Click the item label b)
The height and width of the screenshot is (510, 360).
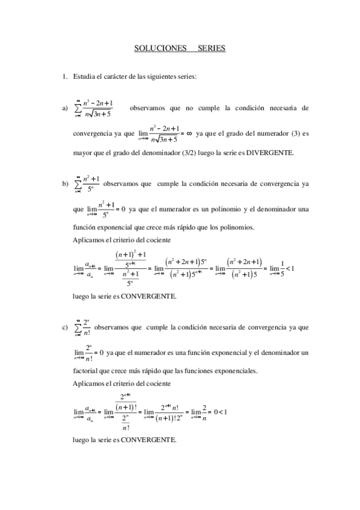(x=64, y=183)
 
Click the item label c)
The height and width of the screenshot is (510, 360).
(x=64, y=328)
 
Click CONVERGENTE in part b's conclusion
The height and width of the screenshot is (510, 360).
(x=148, y=296)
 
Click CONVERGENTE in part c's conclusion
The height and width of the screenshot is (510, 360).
(x=148, y=440)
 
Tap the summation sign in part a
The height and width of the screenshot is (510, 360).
(x=78, y=109)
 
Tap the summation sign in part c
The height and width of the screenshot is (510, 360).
(x=78, y=328)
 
